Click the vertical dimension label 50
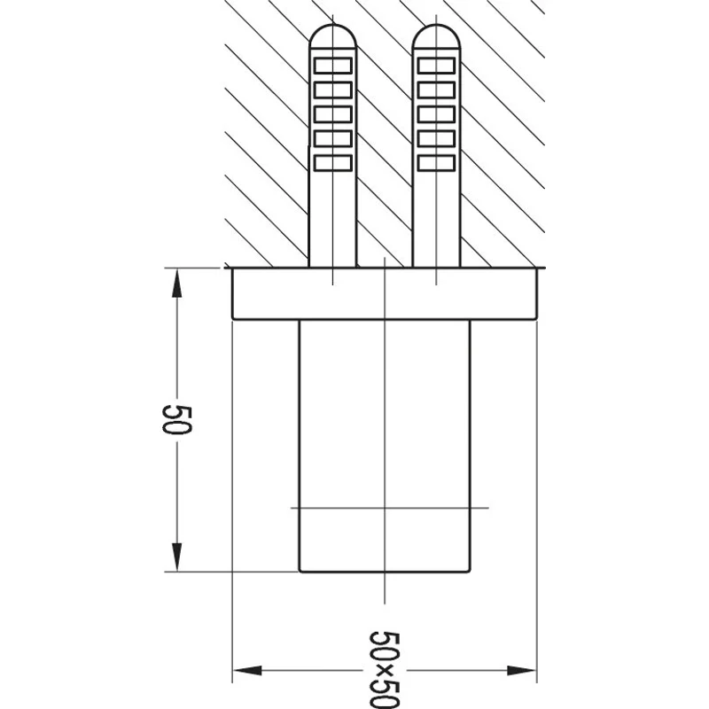coord(177,419)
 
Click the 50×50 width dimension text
coord(385,669)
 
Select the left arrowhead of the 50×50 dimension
coord(248,670)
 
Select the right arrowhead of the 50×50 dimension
coord(521,670)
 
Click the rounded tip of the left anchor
coord(333,35)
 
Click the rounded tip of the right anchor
coord(436,35)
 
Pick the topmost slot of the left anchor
coord(333,66)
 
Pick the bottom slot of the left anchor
coord(333,163)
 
